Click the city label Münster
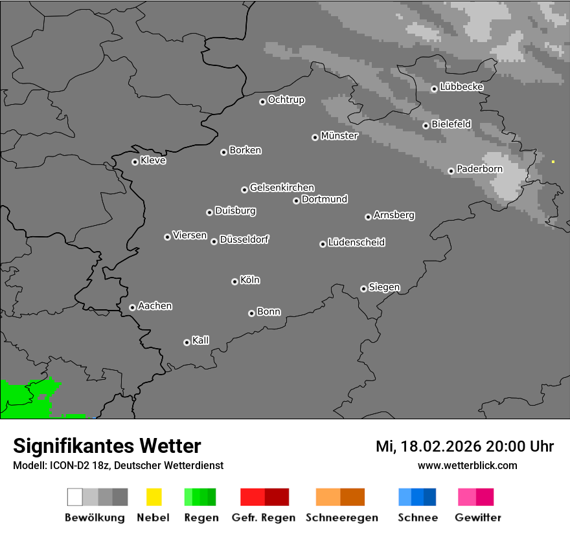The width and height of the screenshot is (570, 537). [339, 136]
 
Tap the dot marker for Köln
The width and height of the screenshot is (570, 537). [234, 281]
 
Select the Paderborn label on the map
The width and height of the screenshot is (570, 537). [479, 169]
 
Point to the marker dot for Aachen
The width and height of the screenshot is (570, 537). [132, 307]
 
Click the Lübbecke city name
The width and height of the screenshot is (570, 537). [461, 87]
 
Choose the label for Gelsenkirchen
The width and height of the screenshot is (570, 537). [282, 188]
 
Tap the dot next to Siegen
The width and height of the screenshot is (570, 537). [363, 289]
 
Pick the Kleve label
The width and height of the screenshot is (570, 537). [153, 160]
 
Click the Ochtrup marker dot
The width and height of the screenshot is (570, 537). [262, 101]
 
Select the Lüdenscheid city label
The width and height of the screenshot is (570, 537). [356, 243]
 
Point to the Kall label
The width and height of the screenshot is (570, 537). [201, 340]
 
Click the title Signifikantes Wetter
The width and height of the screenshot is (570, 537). [107, 446]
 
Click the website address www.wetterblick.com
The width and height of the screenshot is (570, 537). [467, 465]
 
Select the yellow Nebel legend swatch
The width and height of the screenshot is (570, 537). [154, 497]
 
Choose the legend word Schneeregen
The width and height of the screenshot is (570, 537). [341, 518]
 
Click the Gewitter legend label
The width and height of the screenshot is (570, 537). [478, 518]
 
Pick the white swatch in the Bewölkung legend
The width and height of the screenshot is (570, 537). [74, 497]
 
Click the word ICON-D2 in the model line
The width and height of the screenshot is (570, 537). [66, 465]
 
